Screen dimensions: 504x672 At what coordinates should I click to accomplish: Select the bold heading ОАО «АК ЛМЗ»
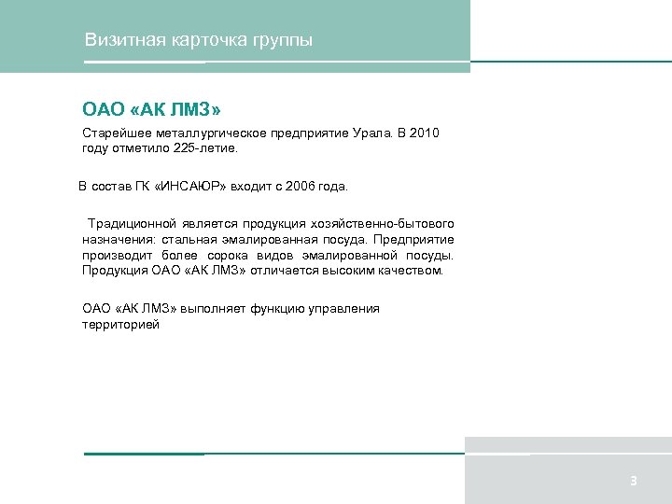[x=151, y=110]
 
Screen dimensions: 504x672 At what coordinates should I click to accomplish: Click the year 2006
[x=301, y=187]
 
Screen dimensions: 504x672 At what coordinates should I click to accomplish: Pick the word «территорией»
[x=120, y=324]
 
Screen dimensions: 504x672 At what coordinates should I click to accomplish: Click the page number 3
[x=633, y=482]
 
